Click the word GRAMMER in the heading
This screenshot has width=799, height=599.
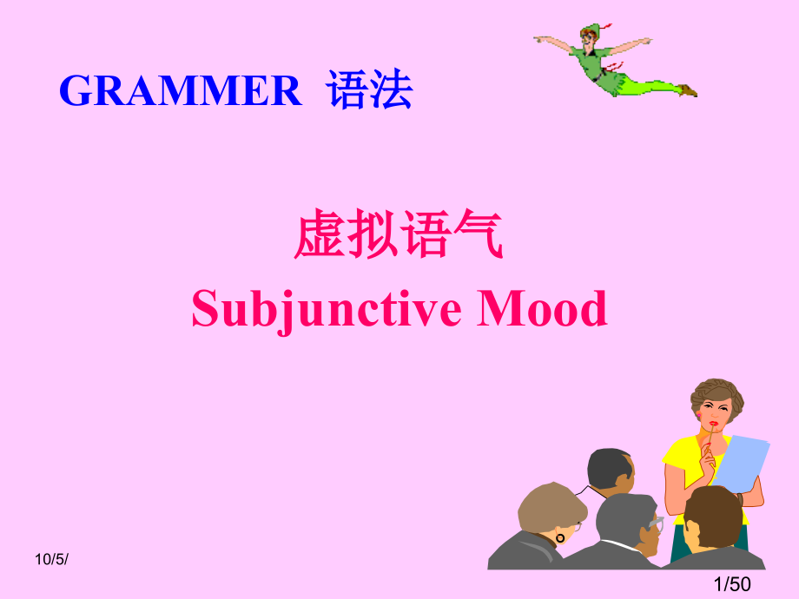coord(180,91)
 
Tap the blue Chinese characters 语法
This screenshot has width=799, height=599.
coord(370,91)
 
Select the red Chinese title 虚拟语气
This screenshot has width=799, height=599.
coord(399,236)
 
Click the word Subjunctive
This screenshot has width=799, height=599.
coord(327,309)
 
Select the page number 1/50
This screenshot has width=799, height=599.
coord(730,584)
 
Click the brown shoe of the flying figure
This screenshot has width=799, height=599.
coord(688,89)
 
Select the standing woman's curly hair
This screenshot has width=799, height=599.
coord(718,396)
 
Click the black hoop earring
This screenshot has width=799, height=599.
coord(560,537)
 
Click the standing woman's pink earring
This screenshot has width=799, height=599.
coord(698,418)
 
